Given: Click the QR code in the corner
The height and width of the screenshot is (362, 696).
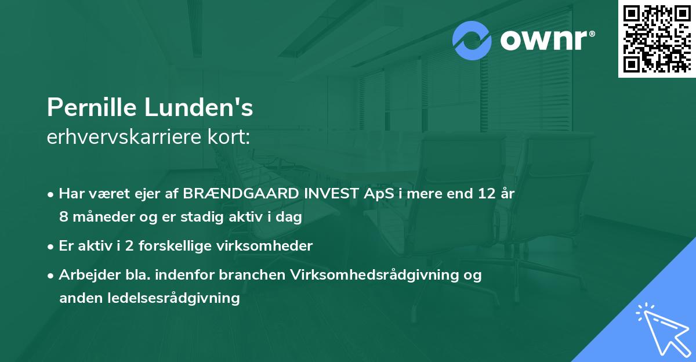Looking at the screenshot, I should point(657,39).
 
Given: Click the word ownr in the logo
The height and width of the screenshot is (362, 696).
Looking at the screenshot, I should point(546,41).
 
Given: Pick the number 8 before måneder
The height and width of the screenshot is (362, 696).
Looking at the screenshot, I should point(63,217).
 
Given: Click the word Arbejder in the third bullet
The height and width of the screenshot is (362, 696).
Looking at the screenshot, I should point(84,275).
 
